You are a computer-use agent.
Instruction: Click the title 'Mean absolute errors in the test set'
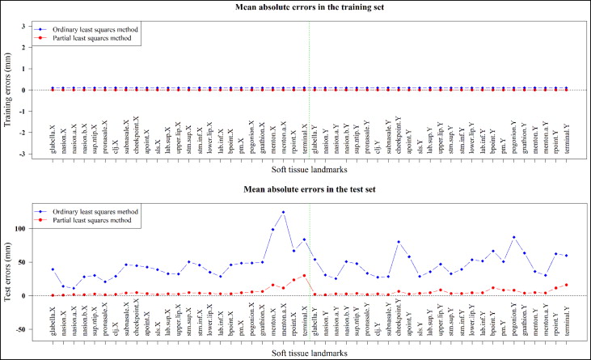pyautogui.click(x=310, y=191)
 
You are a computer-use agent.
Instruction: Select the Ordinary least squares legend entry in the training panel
pyautogui.click(x=100, y=29)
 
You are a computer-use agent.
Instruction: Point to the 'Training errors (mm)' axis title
pyautogui.click(x=9, y=90)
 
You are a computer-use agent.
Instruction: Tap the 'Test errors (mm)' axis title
pyautogui.click(x=9, y=273)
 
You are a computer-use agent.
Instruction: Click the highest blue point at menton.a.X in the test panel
pyautogui.click(x=283, y=212)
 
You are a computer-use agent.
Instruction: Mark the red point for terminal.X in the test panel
pyautogui.click(x=304, y=276)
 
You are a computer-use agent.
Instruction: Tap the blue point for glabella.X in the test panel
pyautogui.click(x=53, y=269)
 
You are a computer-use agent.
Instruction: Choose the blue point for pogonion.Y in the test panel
pyautogui.click(x=514, y=237)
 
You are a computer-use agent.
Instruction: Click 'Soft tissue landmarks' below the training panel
pyautogui.click(x=310, y=172)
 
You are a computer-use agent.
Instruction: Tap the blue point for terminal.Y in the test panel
pyautogui.click(x=567, y=256)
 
